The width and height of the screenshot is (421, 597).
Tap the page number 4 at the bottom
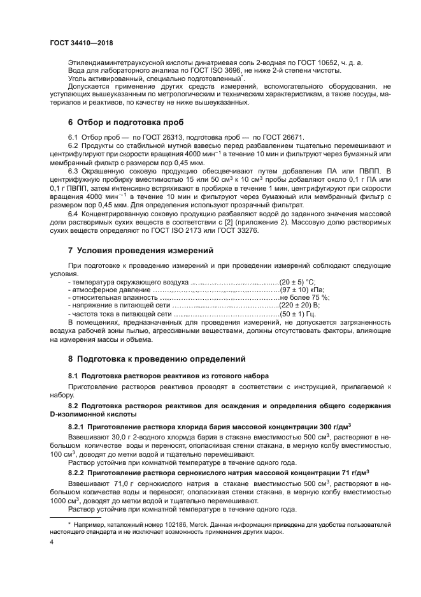52,541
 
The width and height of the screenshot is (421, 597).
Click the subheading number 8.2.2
78,473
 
